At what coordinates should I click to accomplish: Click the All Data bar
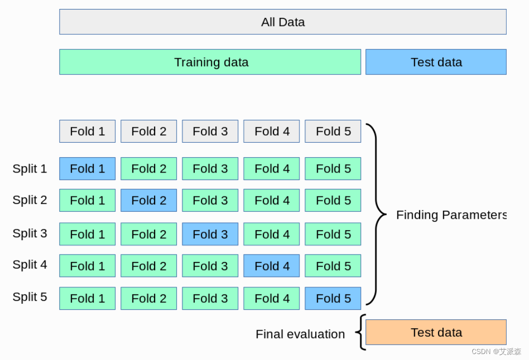[282, 22]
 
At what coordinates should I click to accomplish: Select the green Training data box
[210, 62]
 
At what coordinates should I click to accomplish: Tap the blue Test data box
[436, 62]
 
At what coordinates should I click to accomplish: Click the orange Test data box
[436, 332]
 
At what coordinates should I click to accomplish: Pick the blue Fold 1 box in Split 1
[88, 169]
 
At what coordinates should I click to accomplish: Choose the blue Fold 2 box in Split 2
[149, 200]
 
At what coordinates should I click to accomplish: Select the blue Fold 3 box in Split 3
[210, 234]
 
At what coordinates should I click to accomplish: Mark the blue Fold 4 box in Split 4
[271, 266]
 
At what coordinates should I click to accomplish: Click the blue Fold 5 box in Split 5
[333, 298]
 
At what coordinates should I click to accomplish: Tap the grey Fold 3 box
[210, 131]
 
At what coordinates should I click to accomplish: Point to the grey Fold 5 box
[333, 131]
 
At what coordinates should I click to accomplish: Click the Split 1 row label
[30, 169]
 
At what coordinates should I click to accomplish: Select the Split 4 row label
[30, 265]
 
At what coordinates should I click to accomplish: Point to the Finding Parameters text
[450, 215]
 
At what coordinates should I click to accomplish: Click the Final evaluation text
[300, 334]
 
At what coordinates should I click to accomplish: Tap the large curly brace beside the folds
[378, 214]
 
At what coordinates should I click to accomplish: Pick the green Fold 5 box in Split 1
[333, 169]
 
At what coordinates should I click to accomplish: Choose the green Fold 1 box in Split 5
[88, 298]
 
